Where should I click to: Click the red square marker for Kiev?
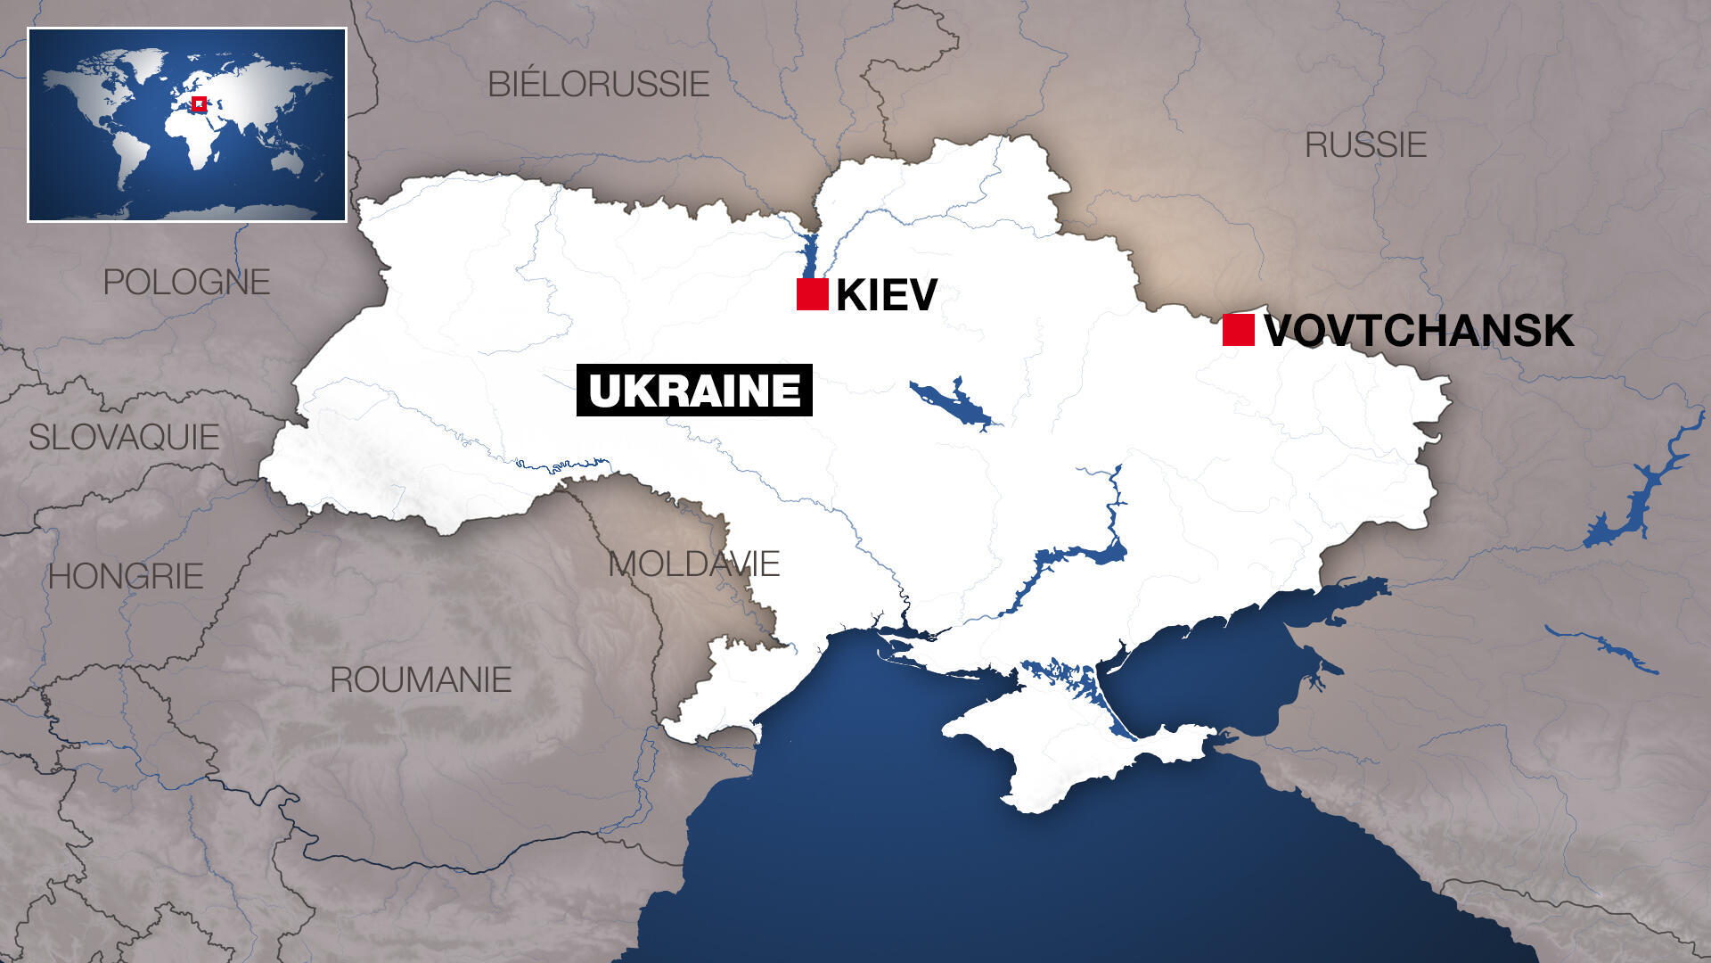coord(812,294)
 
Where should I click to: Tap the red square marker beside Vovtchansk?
coord(1238,330)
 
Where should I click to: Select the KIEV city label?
coord(886,295)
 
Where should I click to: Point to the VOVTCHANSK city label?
coord(1418,331)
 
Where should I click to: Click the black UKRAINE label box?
coord(694,391)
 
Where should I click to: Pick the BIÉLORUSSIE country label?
coord(598,84)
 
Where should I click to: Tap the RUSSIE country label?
coord(1365,144)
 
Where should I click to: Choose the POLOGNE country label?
coord(186,282)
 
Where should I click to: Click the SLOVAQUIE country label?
coord(124,437)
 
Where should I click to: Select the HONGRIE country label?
coord(126,576)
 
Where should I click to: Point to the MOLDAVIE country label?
coord(693,564)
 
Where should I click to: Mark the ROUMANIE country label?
coord(421,679)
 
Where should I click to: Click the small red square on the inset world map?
coord(200,103)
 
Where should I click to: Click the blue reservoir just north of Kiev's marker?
coord(809,254)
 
